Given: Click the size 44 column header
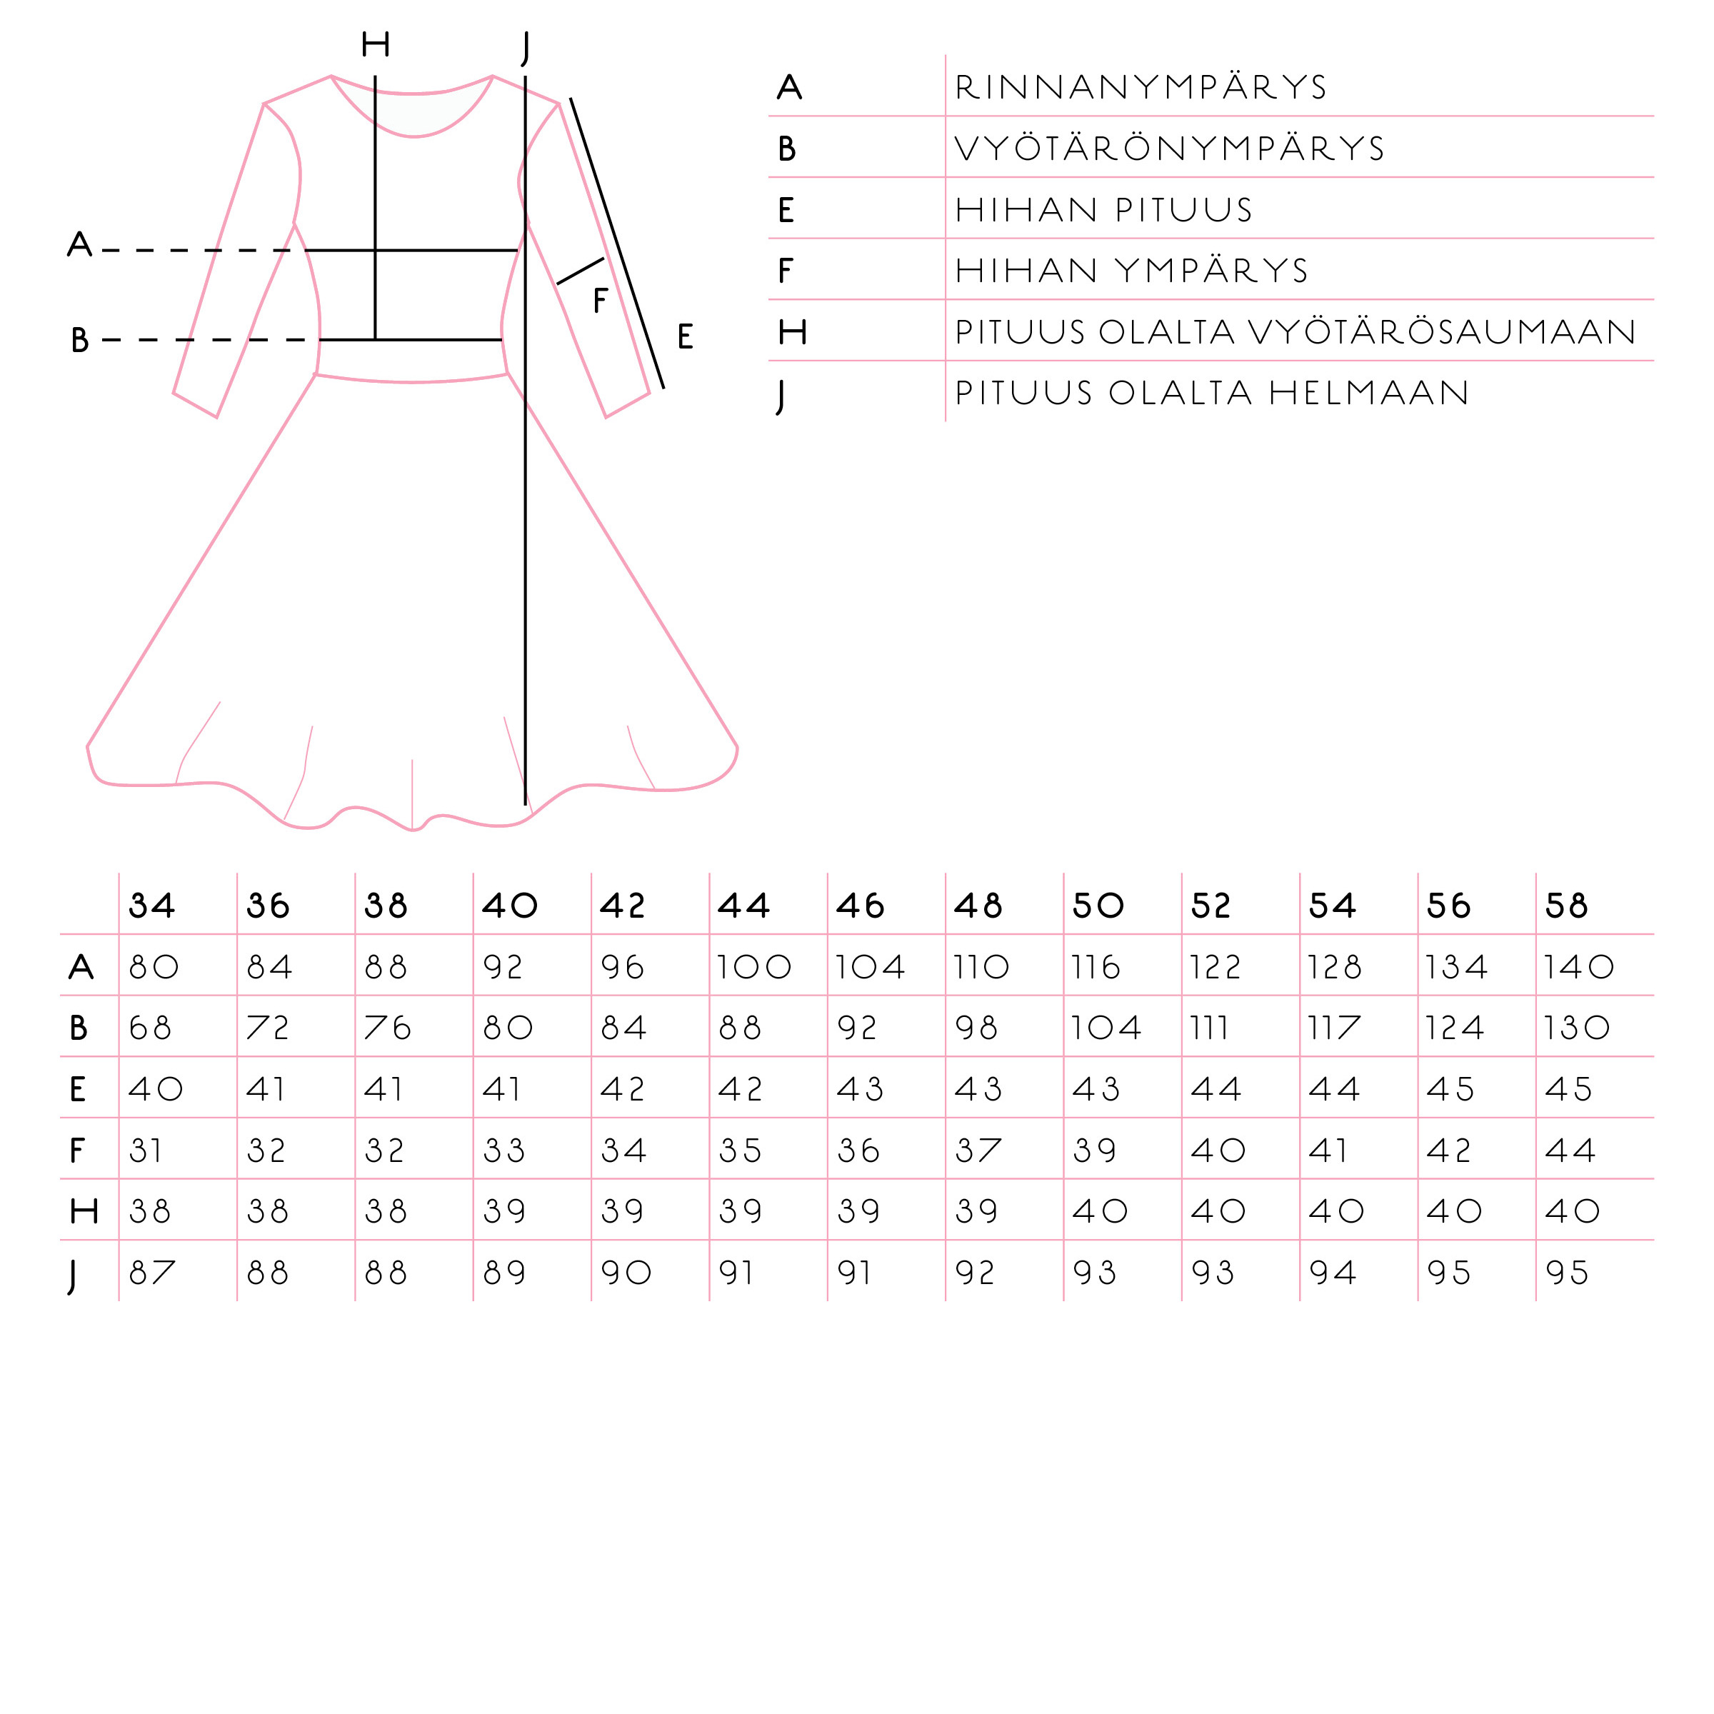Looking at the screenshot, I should (x=743, y=906).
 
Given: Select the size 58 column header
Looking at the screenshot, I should (x=1566, y=906).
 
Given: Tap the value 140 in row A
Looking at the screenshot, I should (x=1578, y=967).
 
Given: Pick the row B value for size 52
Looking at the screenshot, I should (x=1209, y=1028).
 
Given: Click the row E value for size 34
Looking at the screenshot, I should (x=155, y=1089).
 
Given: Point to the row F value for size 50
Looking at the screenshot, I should (x=1095, y=1151).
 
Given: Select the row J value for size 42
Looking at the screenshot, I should (x=626, y=1273).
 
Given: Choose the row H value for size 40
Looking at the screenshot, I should (x=505, y=1212).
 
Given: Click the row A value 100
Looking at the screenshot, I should (x=754, y=967).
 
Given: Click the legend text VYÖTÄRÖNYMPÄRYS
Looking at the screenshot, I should (x=1169, y=148).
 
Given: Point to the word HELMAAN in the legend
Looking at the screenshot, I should (x=1369, y=393).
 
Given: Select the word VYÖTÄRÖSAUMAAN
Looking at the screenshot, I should (x=1442, y=332).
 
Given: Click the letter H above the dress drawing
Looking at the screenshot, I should (x=375, y=44).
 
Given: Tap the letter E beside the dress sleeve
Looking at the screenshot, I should (x=685, y=337).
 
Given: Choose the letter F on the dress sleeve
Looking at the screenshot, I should (x=601, y=301).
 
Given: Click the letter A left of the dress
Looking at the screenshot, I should (x=80, y=244).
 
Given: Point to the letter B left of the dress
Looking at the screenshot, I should (x=80, y=340).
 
